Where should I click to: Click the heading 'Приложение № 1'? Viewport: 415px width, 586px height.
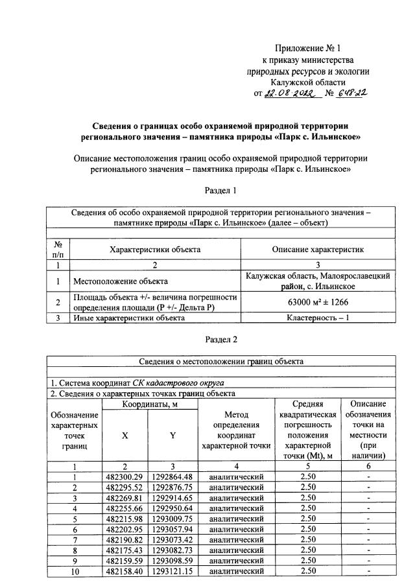pos(307,48)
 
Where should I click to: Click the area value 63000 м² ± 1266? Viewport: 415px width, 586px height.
pos(317,301)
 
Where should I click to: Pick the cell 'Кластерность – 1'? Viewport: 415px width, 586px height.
pos(317,318)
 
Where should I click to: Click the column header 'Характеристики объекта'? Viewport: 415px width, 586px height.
pos(155,249)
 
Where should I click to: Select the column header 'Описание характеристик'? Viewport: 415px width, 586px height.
pos(317,249)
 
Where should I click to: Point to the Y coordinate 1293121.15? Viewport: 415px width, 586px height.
pos(172,570)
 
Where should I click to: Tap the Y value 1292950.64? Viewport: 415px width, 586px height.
pos(172,508)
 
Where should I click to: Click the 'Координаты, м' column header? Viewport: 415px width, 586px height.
pos(148,404)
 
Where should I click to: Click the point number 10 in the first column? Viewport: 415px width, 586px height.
pos(75,570)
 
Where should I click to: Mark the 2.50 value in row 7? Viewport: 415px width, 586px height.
pos(309,539)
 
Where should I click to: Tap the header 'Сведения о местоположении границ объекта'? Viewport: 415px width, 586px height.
pos(221,361)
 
